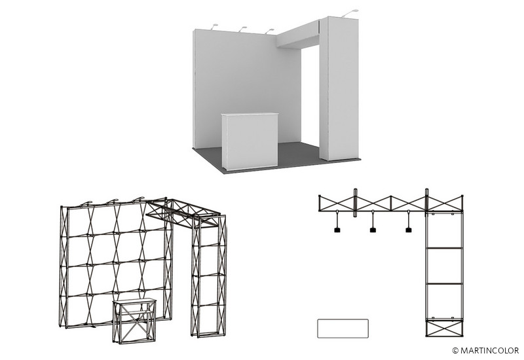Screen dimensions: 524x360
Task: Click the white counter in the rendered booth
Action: [x=250, y=141]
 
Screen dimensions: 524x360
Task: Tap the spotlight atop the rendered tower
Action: [x=350, y=13]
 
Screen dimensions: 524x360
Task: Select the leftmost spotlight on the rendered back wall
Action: [x=214, y=27]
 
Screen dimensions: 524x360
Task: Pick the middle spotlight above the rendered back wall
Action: [x=242, y=29]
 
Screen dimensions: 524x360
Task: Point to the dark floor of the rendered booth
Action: [x=294, y=157]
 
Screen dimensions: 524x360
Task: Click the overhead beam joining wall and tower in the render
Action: [x=298, y=36]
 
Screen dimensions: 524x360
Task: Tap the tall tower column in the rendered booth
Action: [x=339, y=88]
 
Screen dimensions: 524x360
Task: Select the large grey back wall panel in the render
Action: [x=247, y=88]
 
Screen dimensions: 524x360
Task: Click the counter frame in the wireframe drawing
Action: [x=134, y=321]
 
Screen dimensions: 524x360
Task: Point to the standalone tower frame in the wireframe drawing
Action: [x=208, y=276]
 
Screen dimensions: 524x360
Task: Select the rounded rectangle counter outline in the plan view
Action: [x=343, y=329]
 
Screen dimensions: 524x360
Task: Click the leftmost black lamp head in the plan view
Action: [x=337, y=230]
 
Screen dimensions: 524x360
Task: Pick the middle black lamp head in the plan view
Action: [x=373, y=230]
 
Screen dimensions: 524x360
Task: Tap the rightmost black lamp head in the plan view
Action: [x=408, y=230]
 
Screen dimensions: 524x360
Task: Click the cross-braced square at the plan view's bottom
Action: [x=444, y=328]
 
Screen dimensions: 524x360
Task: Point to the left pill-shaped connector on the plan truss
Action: [x=355, y=202]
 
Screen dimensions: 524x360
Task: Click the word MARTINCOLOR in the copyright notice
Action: [x=489, y=350]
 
